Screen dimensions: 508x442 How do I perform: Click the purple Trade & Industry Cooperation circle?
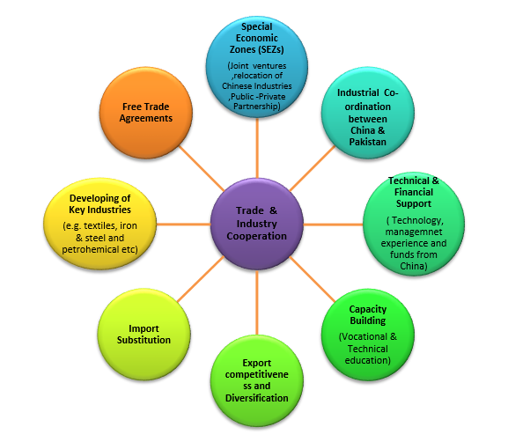click(257, 224)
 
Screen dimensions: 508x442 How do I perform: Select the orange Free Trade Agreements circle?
click(146, 113)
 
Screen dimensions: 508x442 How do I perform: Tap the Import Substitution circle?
click(144, 334)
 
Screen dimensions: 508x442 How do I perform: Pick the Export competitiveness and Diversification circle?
click(257, 380)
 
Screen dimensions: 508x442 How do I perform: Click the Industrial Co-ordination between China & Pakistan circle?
click(368, 113)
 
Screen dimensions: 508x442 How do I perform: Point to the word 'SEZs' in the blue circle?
click(270, 49)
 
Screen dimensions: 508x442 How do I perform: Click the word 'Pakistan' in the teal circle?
click(368, 142)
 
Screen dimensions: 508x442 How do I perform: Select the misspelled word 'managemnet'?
click(414, 232)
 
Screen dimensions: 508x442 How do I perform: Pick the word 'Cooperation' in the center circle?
click(256, 236)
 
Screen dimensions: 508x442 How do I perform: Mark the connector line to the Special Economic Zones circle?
click(257, 148)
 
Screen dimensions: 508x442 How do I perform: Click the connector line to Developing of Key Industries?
click(183, 224)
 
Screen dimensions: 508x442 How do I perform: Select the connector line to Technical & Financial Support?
click(333, 225)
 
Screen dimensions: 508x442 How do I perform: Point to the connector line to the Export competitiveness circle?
click(257, 302)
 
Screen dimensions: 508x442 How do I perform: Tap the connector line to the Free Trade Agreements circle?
click(202, 168)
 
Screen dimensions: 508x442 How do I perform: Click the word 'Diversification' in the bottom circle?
click(257, 398)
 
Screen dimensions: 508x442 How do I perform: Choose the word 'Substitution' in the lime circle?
click(144, 340)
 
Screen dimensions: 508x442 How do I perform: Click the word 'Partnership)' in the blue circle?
click(257, 107)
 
